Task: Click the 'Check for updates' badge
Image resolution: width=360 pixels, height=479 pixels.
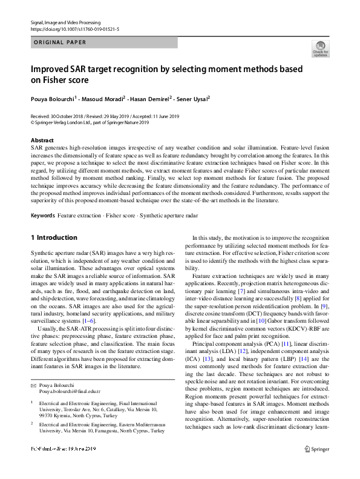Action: coord(320,48)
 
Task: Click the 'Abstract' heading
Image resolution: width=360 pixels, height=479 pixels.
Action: coord(41,140)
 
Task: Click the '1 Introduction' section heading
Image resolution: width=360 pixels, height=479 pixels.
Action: coord(54,237)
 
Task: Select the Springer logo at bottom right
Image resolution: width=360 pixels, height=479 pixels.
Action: coord(317,466)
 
